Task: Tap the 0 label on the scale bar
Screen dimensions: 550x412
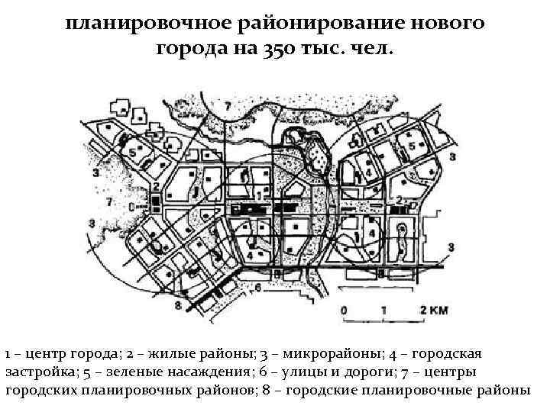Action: (345, 311)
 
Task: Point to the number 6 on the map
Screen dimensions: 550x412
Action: (259, 288)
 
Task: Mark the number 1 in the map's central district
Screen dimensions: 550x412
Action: (260, 196)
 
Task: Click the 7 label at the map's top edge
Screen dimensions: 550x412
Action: (227, 105)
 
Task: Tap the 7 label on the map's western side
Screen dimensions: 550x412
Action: (109, 202)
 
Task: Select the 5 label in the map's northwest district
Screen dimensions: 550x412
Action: (132, 153)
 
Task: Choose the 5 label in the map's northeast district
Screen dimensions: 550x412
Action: (412, 146)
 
